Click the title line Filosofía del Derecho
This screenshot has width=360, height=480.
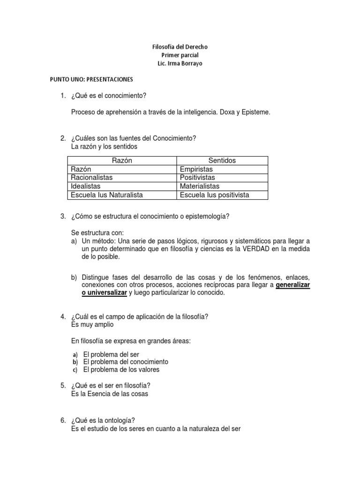[180, 47]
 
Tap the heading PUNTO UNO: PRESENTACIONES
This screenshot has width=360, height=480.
[92, 79]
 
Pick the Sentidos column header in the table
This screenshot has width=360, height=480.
[222, 161]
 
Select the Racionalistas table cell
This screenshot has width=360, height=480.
[92, 178]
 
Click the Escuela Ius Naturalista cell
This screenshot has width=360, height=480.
[107, 195]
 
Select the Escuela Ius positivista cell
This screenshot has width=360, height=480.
[215, 195]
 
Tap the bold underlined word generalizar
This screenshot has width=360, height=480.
[293, 285]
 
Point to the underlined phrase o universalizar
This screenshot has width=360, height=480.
[104, 292]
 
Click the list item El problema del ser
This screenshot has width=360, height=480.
[111, 354]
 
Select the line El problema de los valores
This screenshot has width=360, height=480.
[121, 369]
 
